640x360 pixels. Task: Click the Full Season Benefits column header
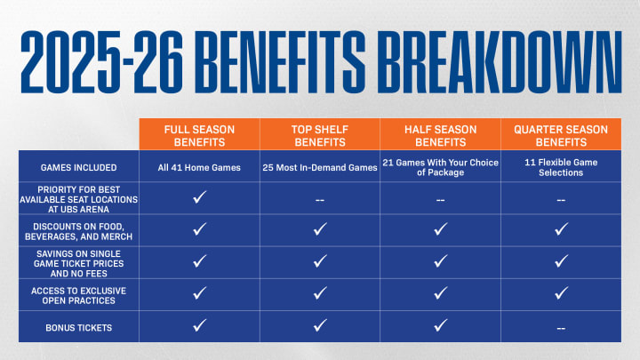[x=199, y=135]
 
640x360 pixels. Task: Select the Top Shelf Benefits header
[x=320, y=135]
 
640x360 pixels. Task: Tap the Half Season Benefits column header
[x=440, y=135]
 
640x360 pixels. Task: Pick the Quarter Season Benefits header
[x=561, y=135]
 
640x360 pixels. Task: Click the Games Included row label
[x=79, y=167]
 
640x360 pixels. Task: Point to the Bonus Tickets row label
[x=79, y=328]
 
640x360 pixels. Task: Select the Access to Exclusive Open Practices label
[x=79, y=295]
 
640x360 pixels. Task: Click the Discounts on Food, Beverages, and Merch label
[x=79, y=231]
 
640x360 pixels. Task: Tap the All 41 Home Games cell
[x=199, y=167]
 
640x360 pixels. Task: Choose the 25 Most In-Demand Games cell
[x=320, y=167]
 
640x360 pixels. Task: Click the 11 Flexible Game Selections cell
[x=561, y=167]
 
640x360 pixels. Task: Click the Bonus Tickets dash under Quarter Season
[x=561, y=328]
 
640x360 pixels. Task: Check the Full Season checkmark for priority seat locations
[x=200, y=197]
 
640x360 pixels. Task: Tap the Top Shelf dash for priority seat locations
[x=320, y=200]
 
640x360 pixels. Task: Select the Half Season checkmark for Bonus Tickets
[x=440, y=325]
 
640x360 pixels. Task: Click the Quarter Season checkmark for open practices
[x=561, y=293]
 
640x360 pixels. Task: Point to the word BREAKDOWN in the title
[x=499, y=62]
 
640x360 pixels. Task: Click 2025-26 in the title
[x=101, y=62]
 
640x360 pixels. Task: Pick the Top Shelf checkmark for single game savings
[x=320, y=261]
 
